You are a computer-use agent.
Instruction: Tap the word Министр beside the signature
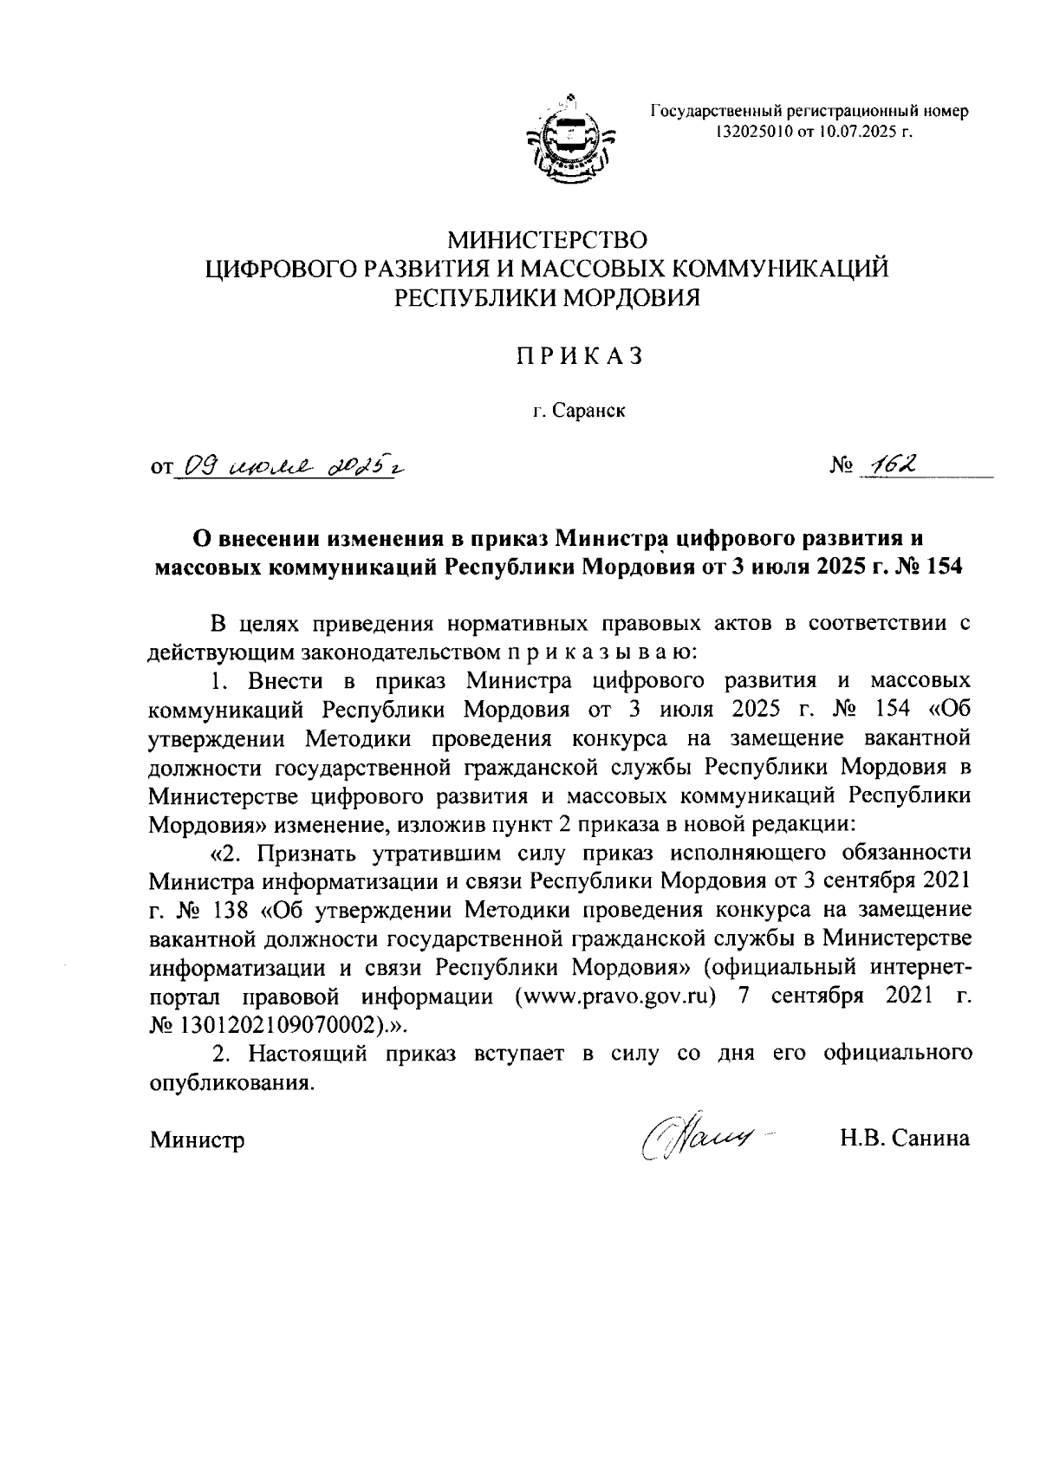197,1139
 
